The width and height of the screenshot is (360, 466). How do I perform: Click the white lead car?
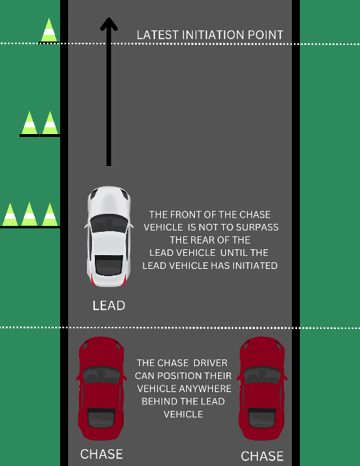pyautogui.click(x=109, y=236)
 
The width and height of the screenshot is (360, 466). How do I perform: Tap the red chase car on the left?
pyautogui.click(x=101, y=388)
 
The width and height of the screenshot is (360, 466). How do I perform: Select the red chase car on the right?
pyautogui.click(x=261, y=388)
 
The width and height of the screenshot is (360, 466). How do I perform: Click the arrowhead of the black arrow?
pyautogui.click(x=109, y=24)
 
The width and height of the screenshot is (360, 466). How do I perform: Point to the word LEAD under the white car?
pyautogui.click(x=109, y=306)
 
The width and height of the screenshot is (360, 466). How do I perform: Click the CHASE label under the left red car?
pyautogui.click(x=101, y=454)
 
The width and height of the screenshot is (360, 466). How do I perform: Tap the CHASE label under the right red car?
pyautogui.click(x=262, y=456)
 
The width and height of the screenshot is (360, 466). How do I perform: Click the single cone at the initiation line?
pyautogui.click(x=49, y=30)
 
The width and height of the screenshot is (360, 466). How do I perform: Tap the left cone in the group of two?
pyautogui.click(x=30, y=123)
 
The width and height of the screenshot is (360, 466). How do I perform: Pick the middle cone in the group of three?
pyautogui.click(x=30, y=215)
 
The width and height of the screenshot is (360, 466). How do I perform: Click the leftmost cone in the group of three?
pyautogui.click(x=10, y=215)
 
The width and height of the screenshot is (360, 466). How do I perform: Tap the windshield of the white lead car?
pyautogui.click(x=109, y=223)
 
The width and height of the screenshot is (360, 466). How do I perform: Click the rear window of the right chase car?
pyautogui.click(x=262, y=418)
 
